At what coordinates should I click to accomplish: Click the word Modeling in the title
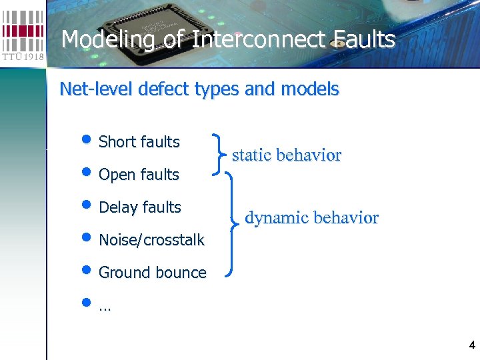(x=107, y=40)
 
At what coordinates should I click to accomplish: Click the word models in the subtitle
(x=315, y=89)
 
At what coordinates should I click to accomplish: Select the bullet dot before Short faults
(x=87, y=140)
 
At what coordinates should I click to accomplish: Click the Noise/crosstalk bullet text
(x=151, y=241)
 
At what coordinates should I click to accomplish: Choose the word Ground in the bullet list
(x=124, y=273)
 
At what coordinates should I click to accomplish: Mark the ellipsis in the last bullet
(x=105, y=308)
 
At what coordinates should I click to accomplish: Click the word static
(x=251, y=155)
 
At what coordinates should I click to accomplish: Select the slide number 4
(x=472, y=345)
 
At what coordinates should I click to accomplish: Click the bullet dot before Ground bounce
(x=87, y=271)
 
